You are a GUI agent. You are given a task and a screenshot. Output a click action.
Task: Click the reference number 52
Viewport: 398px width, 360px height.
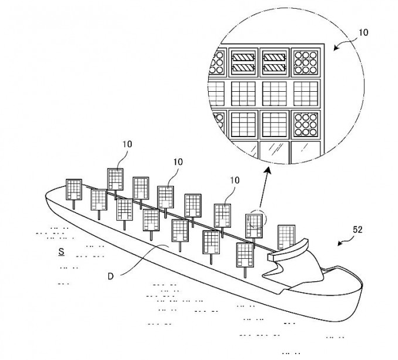click(x=357, y=230)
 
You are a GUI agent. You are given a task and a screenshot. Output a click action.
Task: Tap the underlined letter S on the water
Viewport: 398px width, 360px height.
click(x=61, y=252)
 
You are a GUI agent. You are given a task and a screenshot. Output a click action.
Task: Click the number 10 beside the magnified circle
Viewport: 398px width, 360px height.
click(x=363, y=33)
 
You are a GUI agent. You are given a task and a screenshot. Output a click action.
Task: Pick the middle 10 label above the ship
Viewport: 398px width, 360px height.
click(x=178, y=162)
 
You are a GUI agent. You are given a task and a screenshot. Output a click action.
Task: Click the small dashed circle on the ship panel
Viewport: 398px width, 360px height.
click(x=256, y=219)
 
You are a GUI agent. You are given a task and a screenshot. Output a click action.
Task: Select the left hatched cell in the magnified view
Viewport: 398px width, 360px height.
click(x=243, y=62)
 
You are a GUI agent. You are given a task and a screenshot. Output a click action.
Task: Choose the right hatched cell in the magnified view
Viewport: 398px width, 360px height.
click(x=274, y=62)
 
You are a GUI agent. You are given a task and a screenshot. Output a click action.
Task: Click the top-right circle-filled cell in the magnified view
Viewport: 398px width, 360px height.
click(x=305, y=62)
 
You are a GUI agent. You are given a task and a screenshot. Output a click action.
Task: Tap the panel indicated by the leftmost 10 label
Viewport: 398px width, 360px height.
click(x=115, y=179)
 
